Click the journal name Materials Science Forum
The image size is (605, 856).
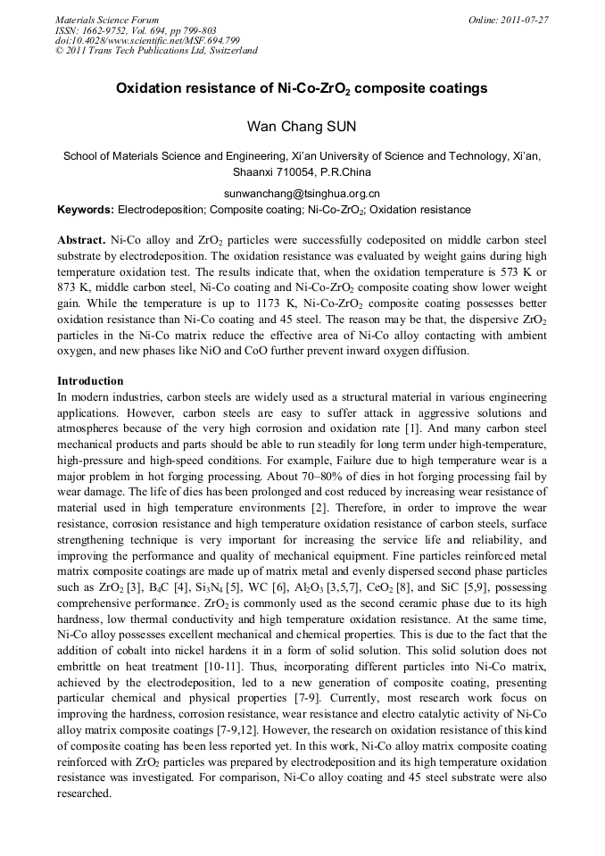107,20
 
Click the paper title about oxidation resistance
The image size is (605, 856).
302,89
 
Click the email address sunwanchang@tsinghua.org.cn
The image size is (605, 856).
302,193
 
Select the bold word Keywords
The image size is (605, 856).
85,210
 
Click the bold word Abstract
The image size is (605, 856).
81,242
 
